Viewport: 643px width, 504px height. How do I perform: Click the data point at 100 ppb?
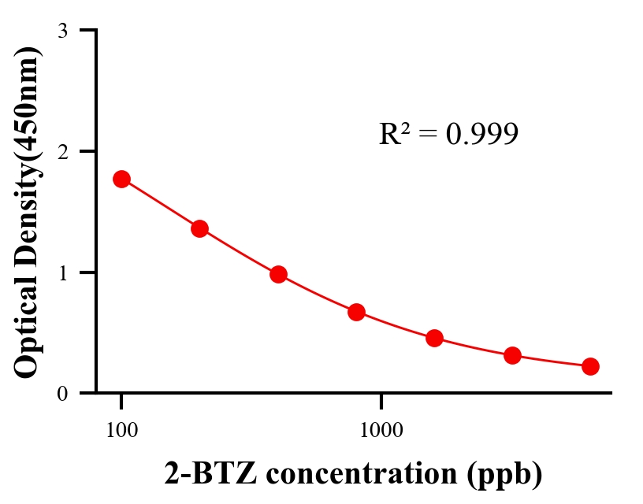click(x=121, y=179)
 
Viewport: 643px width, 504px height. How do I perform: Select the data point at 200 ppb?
click(x=199, y=228)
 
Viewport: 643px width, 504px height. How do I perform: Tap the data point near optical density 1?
click(x=278, y=274)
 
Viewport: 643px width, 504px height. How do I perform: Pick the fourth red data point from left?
click(x=356, y=312)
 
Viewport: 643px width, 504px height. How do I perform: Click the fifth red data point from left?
click(x=434, y=339)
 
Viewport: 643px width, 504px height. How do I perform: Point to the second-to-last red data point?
click(x=512, y=355)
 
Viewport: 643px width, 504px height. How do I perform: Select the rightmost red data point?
click(x=590, y=366)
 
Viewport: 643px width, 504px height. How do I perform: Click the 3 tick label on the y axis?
click(x=62, y=31)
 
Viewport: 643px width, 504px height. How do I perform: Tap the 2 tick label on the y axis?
click(x=62, y=151)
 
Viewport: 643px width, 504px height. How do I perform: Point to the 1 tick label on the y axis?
click(x=62, y=272)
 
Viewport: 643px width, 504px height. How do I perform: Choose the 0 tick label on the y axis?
click(x=62, y=393)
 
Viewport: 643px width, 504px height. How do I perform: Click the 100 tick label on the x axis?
click(x=121, y=430)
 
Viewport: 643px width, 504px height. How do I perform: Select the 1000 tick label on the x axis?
click(x=381, y=430)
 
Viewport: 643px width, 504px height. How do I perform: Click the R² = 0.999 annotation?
click(x=448, y=134)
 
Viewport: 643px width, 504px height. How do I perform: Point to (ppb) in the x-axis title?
click(x=505, y=475)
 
